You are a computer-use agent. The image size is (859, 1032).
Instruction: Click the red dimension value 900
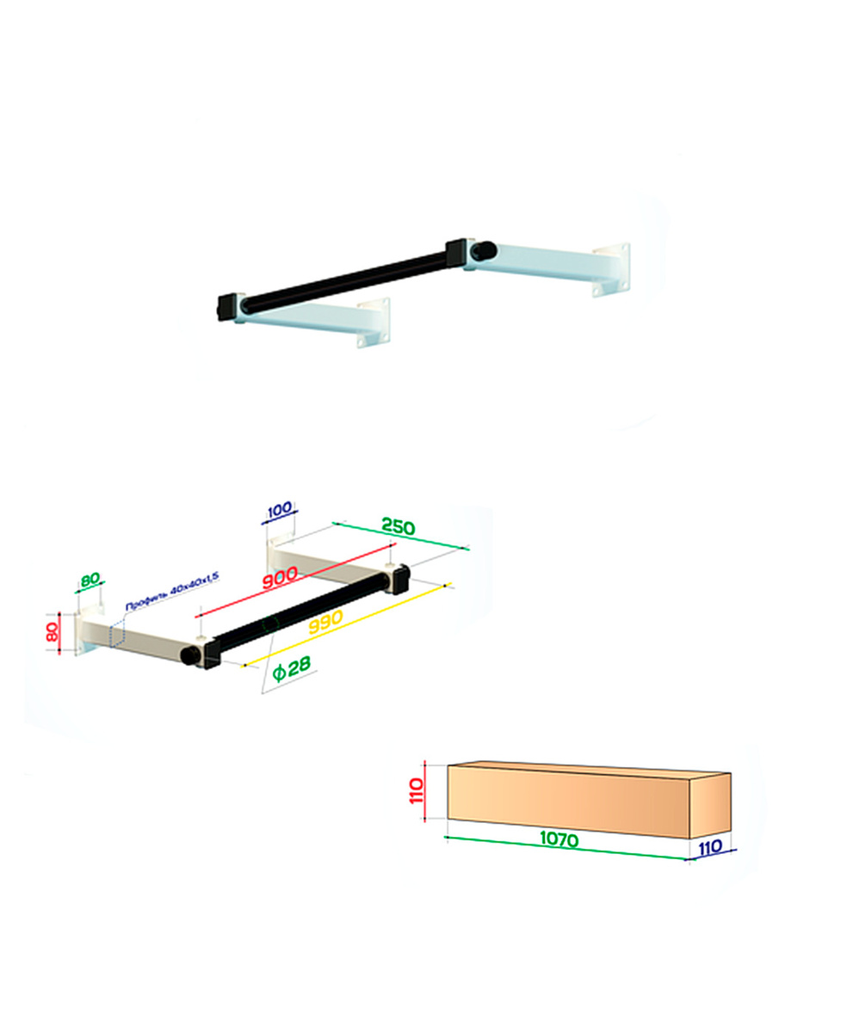click(x=280, y=577)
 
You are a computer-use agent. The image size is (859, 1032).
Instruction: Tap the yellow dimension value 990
click(x=325, y=623)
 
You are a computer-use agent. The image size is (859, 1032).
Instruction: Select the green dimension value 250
click(x=399, y=527)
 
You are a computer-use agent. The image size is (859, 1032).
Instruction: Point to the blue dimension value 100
click(x=280, y=510)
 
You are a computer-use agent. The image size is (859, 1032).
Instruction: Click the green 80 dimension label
click(x=90, y=580)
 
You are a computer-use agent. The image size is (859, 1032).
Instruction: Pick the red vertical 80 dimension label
click(x=52, y=631)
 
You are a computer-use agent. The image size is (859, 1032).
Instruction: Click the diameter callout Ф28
click(x=292, y=668)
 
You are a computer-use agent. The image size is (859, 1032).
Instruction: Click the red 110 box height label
click(x=417, y=790)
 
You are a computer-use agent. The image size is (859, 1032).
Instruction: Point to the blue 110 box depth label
click(x=710, y=848)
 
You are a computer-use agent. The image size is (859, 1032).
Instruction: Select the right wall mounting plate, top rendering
click(x=612, y=269)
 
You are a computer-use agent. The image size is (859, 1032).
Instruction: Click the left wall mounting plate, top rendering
click(x=374, y=322)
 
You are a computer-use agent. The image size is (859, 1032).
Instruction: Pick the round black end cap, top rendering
click(x=484, y=250)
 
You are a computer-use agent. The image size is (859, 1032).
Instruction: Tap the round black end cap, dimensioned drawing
click(x=190, y=655)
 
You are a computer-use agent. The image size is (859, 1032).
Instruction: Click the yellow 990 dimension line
click(x=346, y=625)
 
